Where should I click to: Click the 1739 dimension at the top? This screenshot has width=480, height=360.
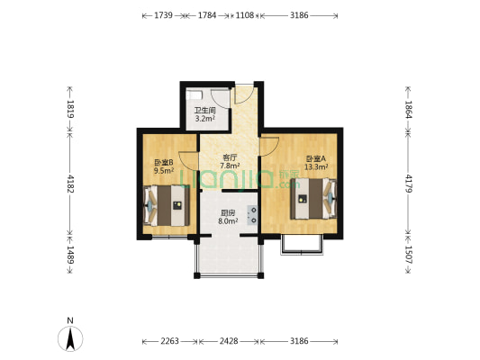pyautogui.click(x=163, y=15)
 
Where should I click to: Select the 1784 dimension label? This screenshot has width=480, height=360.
pyautogui.click(x=207, y=15)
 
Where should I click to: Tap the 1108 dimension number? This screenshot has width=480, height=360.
pyautogui.click(x=245, y=15)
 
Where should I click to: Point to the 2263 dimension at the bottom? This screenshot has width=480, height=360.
pyautogui.click(x=169, y=341)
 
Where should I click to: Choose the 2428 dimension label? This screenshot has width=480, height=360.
pyautogui.click(x=229, y=341)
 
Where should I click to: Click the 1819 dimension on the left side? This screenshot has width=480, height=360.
pyautogui.click(x=70, y=109)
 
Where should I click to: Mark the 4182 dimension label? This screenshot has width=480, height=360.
pyautogui.click(x=70, y=184)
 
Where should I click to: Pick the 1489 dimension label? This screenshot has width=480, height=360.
pyautogui.click(x=70, y=255)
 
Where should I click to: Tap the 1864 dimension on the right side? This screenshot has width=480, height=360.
pyautogui.click(x=409, y=110)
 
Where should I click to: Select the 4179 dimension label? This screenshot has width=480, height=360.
pyautogui.click(x=409, y=184)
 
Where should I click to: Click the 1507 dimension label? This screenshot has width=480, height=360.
pyautogui.click(x=409, y=255)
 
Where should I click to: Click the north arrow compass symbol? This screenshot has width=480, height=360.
pyautogui.click(x=70, y=338)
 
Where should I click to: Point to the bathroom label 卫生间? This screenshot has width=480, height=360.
pyautogui.click(x=205, y=111)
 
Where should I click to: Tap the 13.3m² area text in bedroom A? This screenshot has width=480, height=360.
pyautogui.click(x=316, y=166)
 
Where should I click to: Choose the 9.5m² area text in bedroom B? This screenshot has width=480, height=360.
pyautogui.click(x=164, y=170)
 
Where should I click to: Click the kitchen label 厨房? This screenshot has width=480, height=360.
pyautogui.click(x=228, y=213)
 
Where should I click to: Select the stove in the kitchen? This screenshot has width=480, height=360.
pyautogui.click(x=252, y=215)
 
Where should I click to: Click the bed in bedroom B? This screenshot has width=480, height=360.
pyautogui.click(x=167, y=205)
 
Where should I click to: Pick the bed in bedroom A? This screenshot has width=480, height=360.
pyautogui.click(x=313, y=199)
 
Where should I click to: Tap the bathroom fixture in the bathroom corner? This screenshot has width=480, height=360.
pyautogui.click(x=195, y=94)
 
